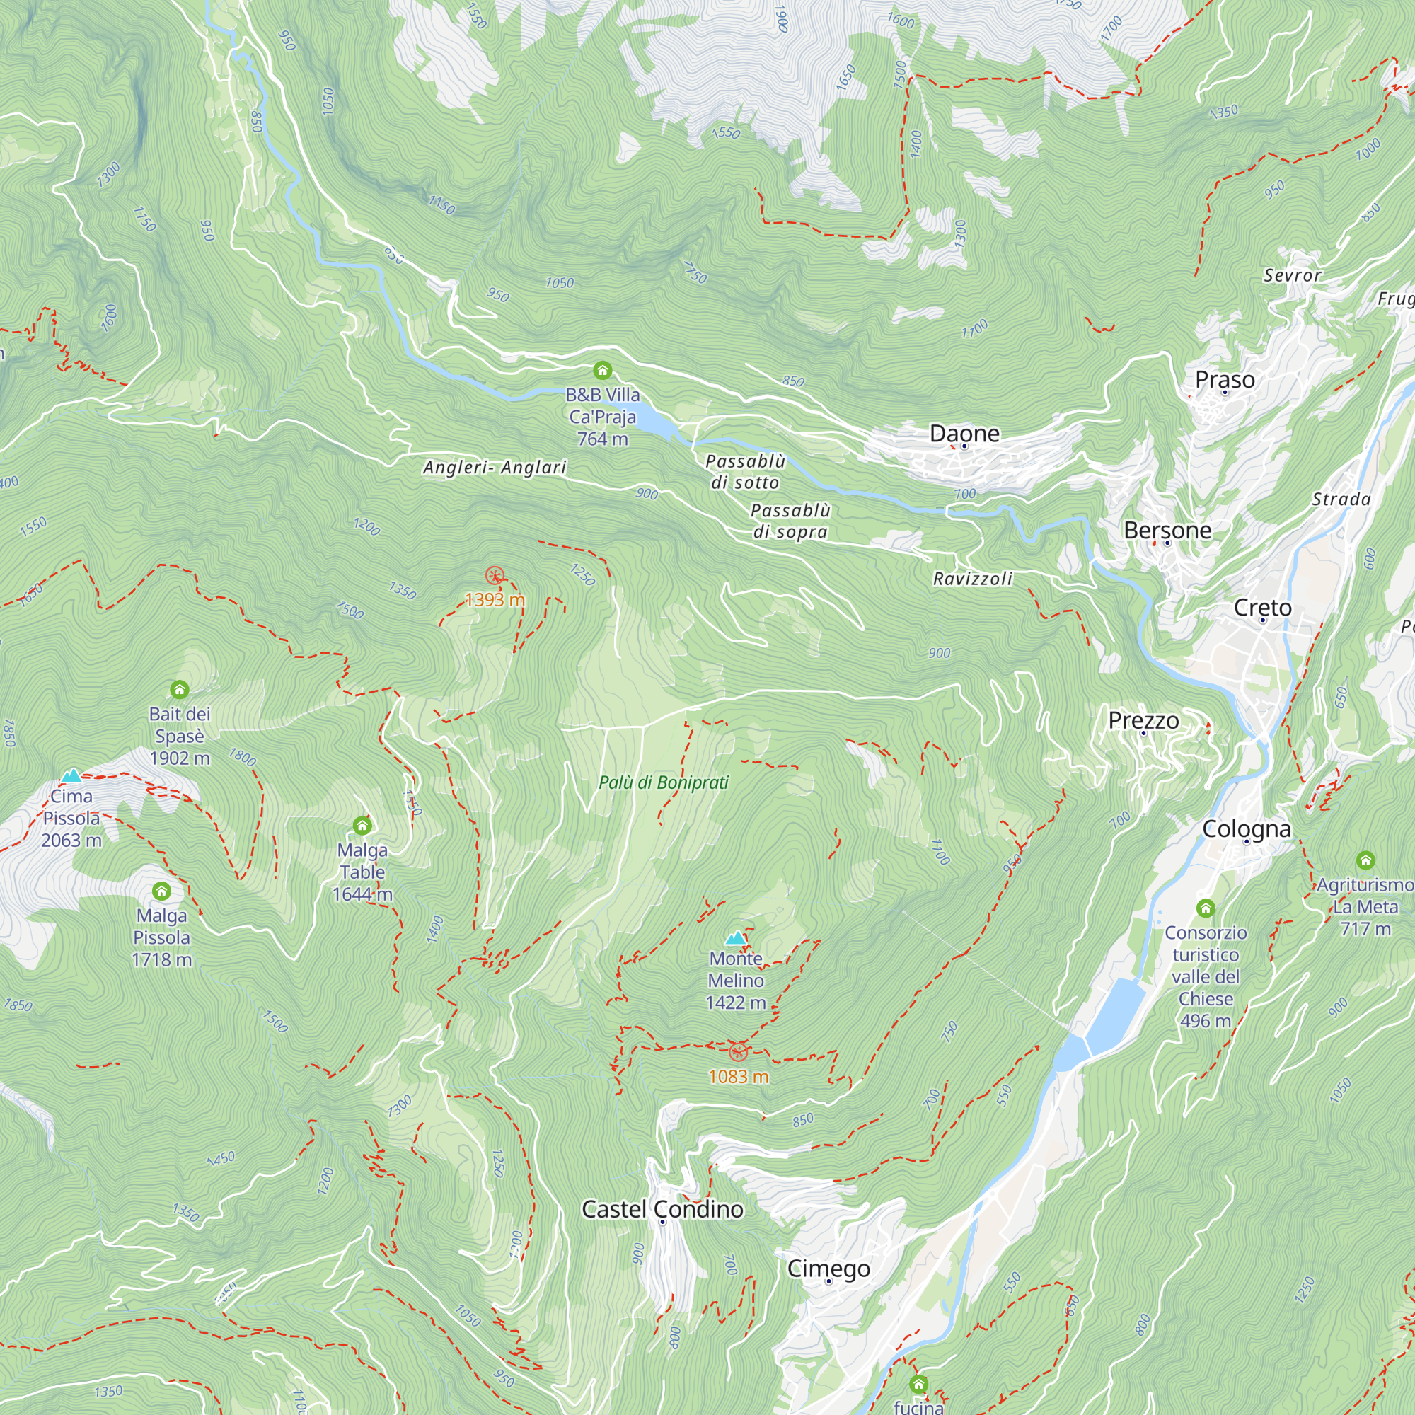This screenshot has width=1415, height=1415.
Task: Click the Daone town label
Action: [x=964, y=434]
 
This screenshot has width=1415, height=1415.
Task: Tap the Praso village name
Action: [x=1225, y=379]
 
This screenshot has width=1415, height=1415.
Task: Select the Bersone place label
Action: [x=1167, y=530]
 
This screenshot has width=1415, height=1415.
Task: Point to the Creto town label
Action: [x=1263, y=607]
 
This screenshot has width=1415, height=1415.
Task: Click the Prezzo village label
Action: [x=1143, y=720]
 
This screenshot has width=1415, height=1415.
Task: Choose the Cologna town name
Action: [x=1247, y=828]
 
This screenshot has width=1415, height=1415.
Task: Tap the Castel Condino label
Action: [x=662, y=1209]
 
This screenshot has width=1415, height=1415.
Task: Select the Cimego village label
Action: [x=828, y=1269]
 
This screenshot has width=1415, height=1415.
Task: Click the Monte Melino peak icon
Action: [x=735, y=938]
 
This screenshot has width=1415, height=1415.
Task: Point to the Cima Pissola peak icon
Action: [x=71, y=775]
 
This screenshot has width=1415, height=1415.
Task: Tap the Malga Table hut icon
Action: [x=362, y=826]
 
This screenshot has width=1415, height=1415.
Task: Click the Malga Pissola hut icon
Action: [x=161, y=891]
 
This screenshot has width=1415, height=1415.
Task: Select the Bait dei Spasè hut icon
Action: [x=180, y=689]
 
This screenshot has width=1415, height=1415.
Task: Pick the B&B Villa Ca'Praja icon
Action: [x=602, y=370]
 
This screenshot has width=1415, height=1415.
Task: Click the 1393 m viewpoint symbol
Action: [x=495, y=576]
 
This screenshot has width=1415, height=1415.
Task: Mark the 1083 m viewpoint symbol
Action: [x=738, y=1053]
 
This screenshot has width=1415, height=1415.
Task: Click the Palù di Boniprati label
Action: [x=664, y=782]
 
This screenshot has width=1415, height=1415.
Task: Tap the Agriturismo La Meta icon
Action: [x=1365, y=860]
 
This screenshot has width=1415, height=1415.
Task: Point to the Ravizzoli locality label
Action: [x=973, y=579]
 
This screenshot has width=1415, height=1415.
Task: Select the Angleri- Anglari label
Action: [x=495, y=467]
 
